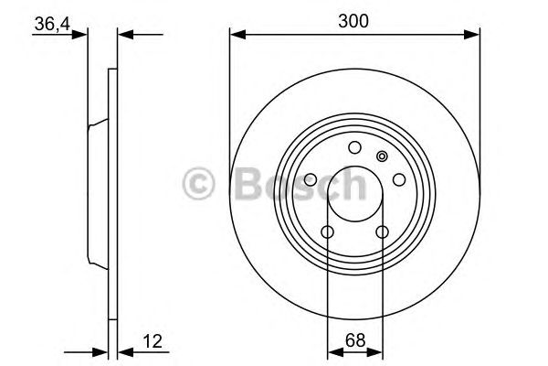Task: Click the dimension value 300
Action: pos(353,20)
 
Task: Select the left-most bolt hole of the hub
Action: pos(311,180)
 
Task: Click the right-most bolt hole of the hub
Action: pos(398,180)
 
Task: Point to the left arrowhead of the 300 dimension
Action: pos(235,35)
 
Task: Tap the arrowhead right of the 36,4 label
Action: pos(84,35)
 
